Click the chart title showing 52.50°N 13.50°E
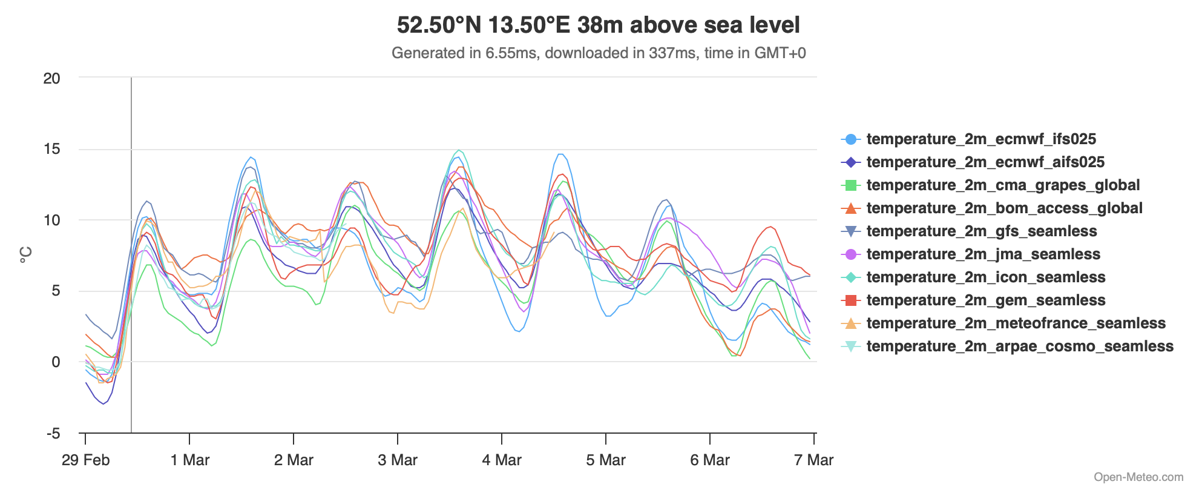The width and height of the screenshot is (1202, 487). tap(598, 25)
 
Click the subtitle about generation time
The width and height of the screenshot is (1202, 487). tap(598, 53)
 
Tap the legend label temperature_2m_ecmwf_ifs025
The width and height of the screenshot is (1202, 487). tap(980, 139)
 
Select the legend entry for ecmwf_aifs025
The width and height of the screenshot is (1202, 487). tap(985, 162)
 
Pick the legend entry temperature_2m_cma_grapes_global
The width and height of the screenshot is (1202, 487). tap(1002, 185)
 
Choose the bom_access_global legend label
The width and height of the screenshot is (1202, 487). tap(1004, 208)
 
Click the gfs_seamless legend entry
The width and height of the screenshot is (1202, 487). tap(981, 231)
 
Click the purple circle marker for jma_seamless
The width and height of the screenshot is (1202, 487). tap(850, 254)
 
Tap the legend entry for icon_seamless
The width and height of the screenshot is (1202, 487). tap(985, 277)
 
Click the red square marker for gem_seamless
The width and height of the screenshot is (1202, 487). tap(850, 300)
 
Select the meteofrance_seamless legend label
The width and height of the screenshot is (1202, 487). tap(1016, 323)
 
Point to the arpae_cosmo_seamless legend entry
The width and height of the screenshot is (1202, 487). tap(1019, 346)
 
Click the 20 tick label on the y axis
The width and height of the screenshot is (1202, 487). tap(52, 78)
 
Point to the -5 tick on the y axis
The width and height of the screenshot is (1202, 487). tap(53, 434)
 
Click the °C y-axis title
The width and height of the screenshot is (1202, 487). tap(26, 255)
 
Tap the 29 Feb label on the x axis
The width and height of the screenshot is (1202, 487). tap(85, 460)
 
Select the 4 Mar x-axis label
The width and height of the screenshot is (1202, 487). tap(502, 460)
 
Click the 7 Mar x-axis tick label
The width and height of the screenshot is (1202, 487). tap(813, 460)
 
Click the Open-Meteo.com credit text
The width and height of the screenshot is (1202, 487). tap(1138, 477)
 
